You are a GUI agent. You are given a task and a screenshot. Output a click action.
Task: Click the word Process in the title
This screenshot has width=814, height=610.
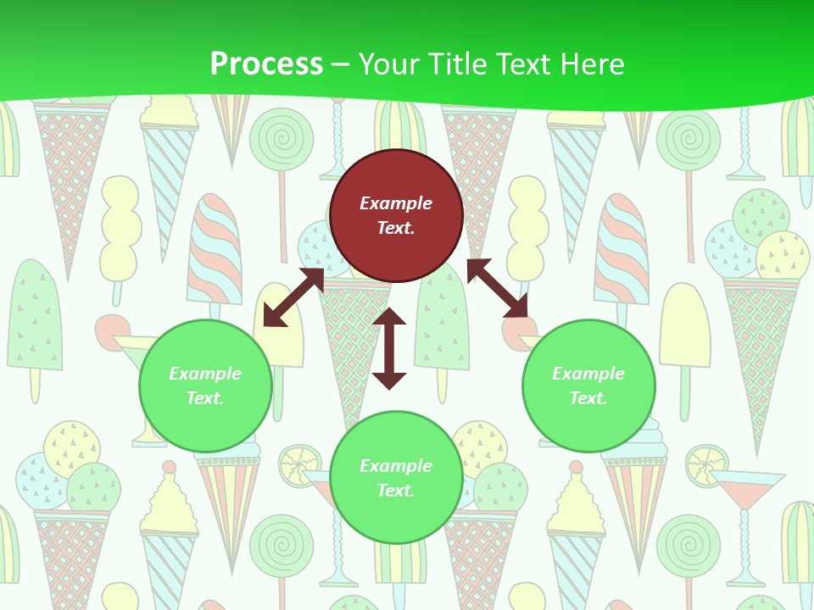[x=266, y=64]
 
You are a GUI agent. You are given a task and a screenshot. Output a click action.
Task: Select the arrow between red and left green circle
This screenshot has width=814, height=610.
[x=293, y=297]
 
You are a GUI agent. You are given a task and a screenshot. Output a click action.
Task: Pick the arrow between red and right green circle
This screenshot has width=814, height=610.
[x=497, y=289]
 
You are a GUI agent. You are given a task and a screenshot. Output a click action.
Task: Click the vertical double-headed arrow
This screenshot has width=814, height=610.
[x=389, y=348]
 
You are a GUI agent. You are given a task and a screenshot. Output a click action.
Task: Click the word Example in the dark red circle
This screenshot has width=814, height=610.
[x=396, y=203]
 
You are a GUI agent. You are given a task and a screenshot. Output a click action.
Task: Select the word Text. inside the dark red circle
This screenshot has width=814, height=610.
[x=396, y=228]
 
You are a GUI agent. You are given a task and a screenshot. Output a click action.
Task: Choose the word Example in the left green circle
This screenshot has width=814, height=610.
[x=205, y=374]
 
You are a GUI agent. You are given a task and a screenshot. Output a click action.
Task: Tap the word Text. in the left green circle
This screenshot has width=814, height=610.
[x=205, y=398]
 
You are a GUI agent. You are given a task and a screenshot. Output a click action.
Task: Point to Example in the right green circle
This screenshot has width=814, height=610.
[x=588, y=374]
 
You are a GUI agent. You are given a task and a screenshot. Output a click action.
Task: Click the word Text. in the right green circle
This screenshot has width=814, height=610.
[x=588, y=398]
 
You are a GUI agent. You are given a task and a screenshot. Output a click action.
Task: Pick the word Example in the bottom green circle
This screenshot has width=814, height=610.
[x=396, y=466]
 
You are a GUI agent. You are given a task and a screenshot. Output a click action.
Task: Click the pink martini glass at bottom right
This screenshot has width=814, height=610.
[x=745, y=491]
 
